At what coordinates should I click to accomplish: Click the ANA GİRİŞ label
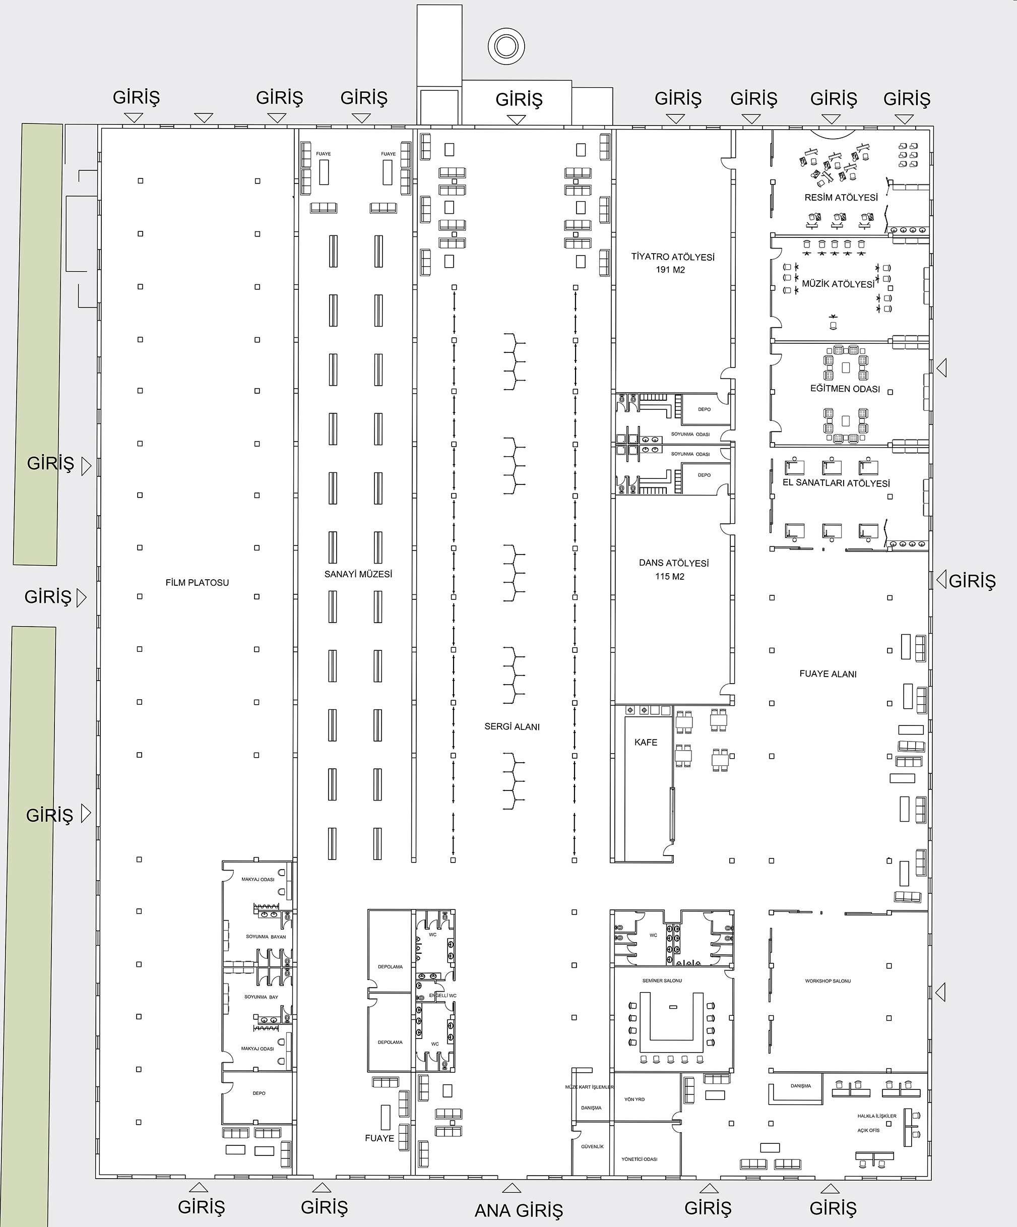coord(519,1210)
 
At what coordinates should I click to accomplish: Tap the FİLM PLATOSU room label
coord(198,583)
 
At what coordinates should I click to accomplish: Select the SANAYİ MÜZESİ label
coord(358,574)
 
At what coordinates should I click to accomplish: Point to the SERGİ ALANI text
coord(512,727)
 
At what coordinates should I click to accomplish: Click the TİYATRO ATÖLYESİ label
coord(673,257)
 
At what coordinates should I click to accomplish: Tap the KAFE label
coord(646,743)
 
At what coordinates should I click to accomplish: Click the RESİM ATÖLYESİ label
coord(841,198)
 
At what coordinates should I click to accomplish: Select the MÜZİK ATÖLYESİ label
coord(838,284)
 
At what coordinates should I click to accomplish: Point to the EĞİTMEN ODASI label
coord(845,389)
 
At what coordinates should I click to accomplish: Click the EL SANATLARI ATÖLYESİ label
coord(837,483)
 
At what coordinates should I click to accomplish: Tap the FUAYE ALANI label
coord(829,673)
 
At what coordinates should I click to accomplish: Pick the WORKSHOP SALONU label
coord(829,981)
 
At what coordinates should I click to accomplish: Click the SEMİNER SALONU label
coord(662,980)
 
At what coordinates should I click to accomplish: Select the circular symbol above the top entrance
coord(506,46)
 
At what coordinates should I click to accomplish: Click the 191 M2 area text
coord(671,270)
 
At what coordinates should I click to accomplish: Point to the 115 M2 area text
coord(670,577)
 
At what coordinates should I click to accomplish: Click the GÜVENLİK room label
coord(592,1146)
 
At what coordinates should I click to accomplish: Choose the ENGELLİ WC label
coord(443,996)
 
